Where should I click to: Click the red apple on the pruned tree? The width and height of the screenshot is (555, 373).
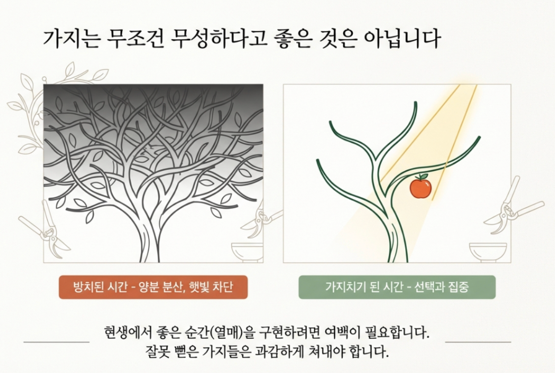tap(420, 188)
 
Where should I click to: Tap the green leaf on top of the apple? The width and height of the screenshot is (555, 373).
tap(423, 176)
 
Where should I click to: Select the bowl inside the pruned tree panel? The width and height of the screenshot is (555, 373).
tap(488, 252)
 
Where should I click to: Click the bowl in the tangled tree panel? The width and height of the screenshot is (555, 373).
tap(247, 252)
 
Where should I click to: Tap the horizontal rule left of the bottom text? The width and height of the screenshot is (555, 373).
tap(56, 342)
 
